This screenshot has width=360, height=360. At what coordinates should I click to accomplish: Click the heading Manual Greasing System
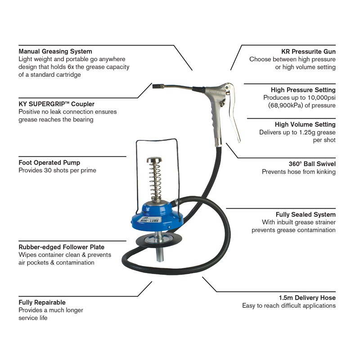tap(55, 51)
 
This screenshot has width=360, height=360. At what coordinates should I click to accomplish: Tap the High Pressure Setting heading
tap(303, 90)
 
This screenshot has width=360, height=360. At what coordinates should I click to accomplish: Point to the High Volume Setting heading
tap(305, 124)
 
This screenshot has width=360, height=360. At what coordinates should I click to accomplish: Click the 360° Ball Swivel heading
tap(312, 164)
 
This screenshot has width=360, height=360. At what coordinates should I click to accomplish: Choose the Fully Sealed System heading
tap(306, 215)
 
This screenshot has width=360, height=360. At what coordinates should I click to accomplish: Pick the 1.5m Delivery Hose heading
tap(307, 297)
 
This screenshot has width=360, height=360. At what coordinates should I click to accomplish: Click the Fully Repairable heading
tap(42, 302)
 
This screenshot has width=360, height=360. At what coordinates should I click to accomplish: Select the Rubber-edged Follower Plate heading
tap(61, 247)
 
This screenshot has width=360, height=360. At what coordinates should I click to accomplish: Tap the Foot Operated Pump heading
tap(49, 162)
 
